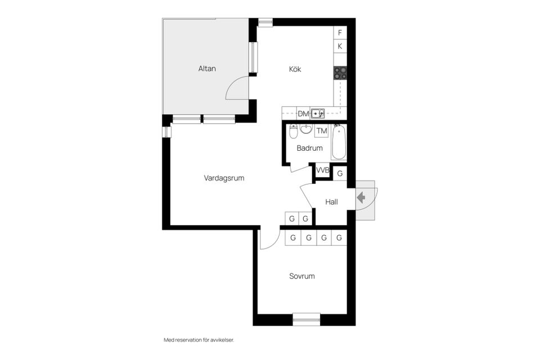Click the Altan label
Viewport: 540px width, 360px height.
coord(207,69)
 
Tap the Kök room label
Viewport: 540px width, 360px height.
coord(295,69)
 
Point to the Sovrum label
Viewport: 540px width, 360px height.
coord(302,276)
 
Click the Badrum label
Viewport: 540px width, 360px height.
coord(309,148)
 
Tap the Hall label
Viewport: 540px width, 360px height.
coord(331,201)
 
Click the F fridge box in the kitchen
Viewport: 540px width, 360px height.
coord(340,33)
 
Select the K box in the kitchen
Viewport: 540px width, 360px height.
coord(340,46)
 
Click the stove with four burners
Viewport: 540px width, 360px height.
coord(340,72)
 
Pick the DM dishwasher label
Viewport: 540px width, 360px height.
coord(303,114)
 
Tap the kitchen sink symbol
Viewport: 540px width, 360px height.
coord(318,114)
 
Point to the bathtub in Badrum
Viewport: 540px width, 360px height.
coord(339,143)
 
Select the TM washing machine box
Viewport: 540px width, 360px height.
coord(322,131)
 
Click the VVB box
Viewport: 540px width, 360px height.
coord(322,170)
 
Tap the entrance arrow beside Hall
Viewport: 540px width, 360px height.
coord(361,197)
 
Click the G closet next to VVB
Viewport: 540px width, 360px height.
coord(340,173)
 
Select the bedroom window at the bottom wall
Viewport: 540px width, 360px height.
coord(307,318)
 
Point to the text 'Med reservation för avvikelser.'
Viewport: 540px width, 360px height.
coord(198,340)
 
